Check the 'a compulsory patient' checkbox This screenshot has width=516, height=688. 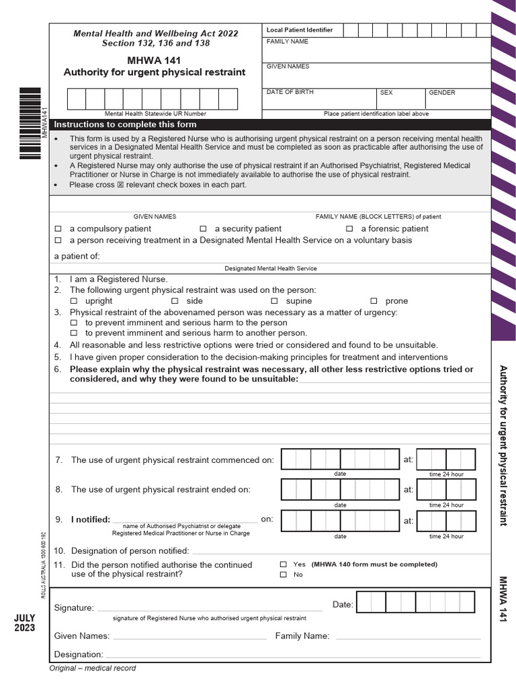click(x=58, y=229)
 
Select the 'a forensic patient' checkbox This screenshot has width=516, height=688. click(x=349, y=229)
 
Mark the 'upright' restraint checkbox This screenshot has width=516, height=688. click(x=74, y=301)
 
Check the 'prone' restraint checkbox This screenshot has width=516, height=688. click(x=374, y=301)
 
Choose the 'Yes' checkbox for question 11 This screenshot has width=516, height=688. click(x=284, y=564)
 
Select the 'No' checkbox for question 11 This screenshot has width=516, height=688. click(x=284, y=574)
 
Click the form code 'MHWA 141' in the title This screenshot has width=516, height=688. click(x=154, y=60)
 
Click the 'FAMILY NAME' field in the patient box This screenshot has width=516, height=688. click(x=376, y=50)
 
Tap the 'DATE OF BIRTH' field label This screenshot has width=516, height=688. click(x=290, y=93)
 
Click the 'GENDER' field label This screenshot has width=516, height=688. click(x=441, y=93)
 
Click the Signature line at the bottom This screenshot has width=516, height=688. click(x=210, y=607)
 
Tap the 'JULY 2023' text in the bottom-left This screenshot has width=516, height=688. click(x=24, y=622)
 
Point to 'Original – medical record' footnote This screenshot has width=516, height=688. click(x=93, y=668)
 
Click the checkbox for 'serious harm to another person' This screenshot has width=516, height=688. click(x=74, y=333)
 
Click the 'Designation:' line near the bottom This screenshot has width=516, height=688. click(x=292, y=654)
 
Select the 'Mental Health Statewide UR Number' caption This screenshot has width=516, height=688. click(x=155, y=114)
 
